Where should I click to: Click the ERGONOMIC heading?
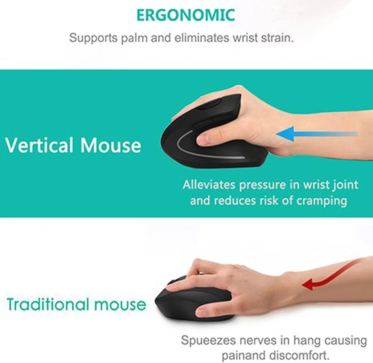[x=186, y=15]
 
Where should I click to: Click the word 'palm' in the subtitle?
[x=135, y=38]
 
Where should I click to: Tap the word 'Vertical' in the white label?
[x=39, y=145]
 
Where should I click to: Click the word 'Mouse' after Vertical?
[x=111, y=145]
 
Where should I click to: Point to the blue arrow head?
[x=286, y=134]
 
